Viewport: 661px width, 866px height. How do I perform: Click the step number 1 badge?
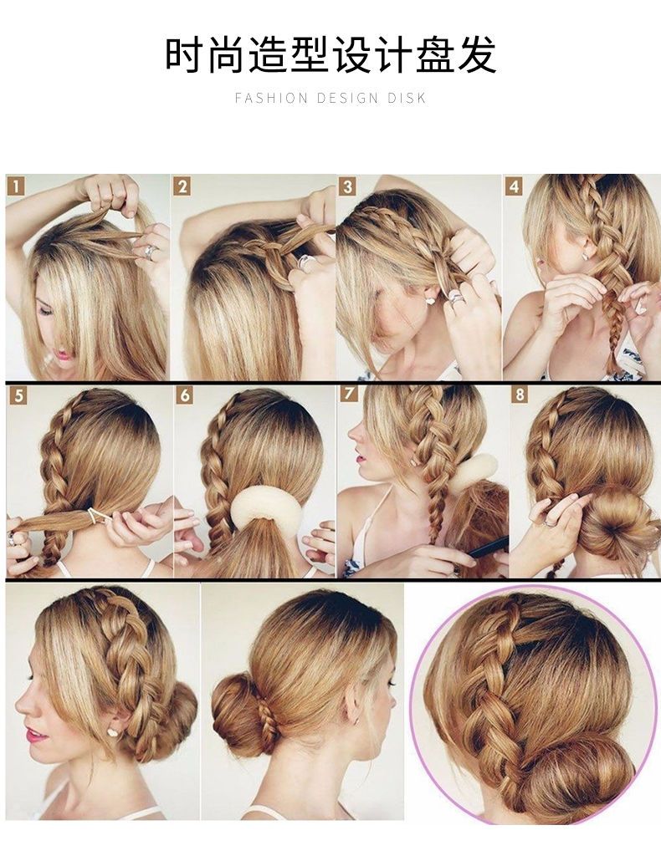point(17,186)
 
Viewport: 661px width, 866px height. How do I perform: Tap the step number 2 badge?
point(182,186)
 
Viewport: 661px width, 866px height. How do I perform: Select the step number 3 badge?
point(346,186)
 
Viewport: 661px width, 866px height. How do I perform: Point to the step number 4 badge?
point(514,186)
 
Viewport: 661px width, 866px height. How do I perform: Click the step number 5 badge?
point(18,395)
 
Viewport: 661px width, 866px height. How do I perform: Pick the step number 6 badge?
point(185,395)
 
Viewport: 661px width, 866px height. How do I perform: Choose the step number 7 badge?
point(349,394)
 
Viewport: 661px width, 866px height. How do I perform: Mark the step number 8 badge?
point(519,395)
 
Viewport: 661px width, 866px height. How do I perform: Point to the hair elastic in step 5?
point(99,516)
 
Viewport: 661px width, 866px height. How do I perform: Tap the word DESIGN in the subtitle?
point(347,99)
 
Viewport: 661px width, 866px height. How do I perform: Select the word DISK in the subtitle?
point(407,99)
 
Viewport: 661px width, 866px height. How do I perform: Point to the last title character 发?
point(477,54)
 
